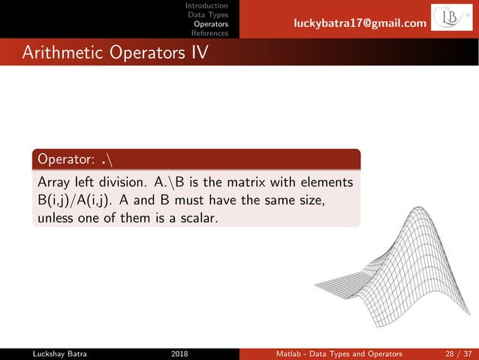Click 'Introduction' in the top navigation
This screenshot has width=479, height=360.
207,6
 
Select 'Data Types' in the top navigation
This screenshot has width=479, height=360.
208,15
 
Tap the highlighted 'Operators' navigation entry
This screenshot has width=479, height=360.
211,24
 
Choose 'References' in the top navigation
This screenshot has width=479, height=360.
210,33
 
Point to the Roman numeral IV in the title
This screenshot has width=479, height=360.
197,53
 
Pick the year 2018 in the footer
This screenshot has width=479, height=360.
180,352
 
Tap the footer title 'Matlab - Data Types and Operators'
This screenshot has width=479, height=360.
338,352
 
